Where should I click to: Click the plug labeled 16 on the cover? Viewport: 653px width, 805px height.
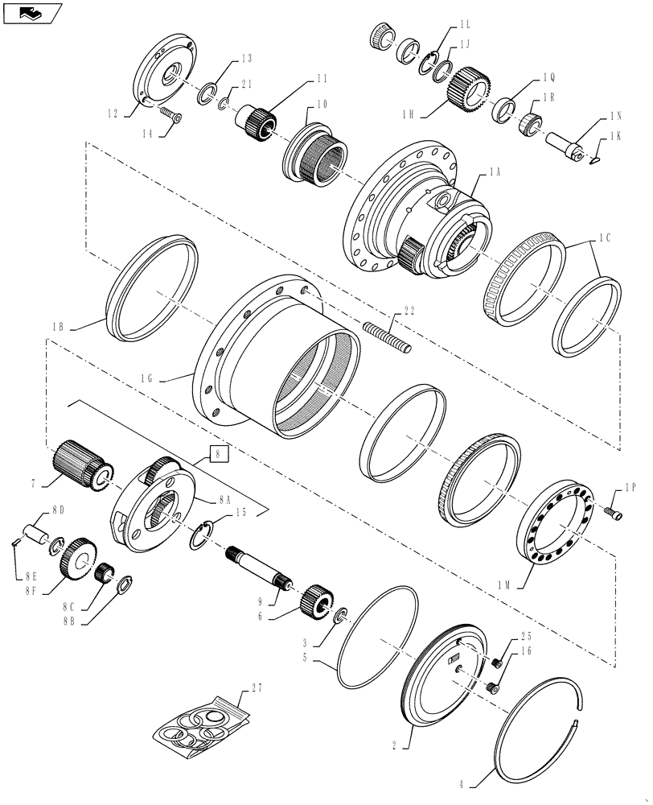tap(494, 687)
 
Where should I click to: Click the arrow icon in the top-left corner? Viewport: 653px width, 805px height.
tap(31, 12)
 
